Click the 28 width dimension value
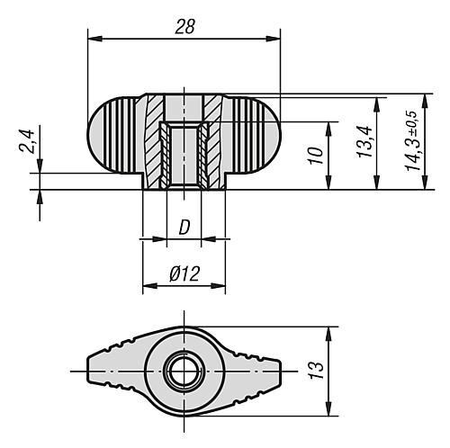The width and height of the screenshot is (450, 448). click(x=184, y=27)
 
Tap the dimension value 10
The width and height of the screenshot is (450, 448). click(x=315, y=156)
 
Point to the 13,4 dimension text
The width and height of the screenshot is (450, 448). click(x=364, y=142)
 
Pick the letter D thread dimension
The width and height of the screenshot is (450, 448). click(x=184, y=228)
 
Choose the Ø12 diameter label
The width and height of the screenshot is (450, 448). click(x=184, y=276)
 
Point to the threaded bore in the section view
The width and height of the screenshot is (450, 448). click(x=184, y=155)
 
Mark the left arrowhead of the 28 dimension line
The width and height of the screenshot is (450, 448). click(x=93, y=38)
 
